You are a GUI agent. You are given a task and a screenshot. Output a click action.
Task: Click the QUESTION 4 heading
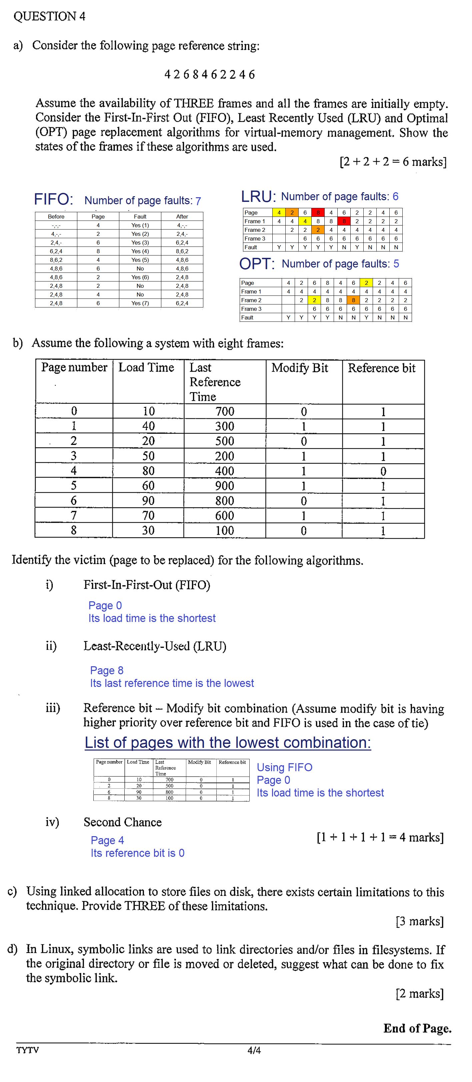pos(49,16)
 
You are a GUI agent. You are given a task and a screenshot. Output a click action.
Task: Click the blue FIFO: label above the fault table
pos(53,199)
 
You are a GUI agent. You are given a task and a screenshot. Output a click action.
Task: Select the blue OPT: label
pos(256,264)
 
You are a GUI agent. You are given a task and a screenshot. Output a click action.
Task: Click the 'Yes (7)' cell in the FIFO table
pos(140,303)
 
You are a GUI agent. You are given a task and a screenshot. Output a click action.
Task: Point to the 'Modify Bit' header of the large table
pos(299,368)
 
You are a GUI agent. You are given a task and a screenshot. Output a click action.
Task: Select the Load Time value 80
pos(148,471)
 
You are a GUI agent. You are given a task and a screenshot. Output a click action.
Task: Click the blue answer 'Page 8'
pos(107,670)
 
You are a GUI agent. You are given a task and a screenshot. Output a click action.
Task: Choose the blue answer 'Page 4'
pos(107,840)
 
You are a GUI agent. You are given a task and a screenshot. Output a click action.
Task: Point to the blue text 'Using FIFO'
pos(285,768)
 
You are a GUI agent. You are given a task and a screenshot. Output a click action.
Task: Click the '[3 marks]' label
pos(419,921)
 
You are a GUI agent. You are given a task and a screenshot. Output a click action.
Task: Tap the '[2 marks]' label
pos(419,993)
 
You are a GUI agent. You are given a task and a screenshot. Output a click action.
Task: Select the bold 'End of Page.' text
pos(417,1028)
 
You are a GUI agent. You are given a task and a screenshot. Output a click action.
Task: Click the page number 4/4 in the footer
pos(254,1050)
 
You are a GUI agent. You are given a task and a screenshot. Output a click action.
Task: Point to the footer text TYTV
pos(28,1050)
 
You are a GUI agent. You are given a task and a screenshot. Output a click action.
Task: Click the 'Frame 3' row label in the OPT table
pos(251,309)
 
